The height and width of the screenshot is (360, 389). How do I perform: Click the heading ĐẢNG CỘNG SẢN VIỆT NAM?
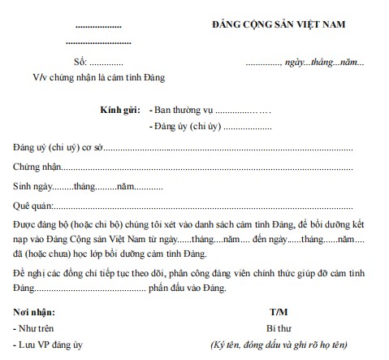(x=276, y=24)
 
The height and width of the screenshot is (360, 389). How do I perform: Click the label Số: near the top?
(x=80, y=63)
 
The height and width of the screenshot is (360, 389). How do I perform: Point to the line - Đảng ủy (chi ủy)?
(x=181, y=127)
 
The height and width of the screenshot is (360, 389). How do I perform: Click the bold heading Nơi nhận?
(x=36, y=311)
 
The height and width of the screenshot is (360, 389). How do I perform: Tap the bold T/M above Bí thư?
(x=279, y=311)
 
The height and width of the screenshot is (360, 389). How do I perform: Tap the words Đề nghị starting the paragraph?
(x=29, y=273)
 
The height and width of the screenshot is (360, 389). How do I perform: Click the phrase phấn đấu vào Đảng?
(x=188, y=288)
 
